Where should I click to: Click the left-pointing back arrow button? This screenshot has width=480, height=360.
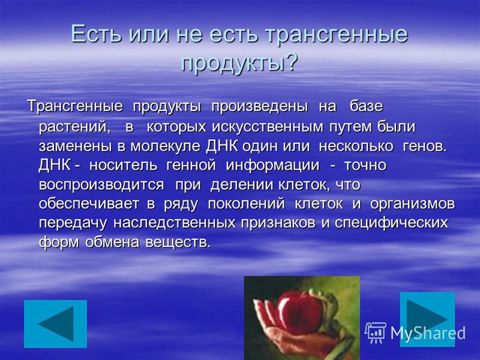(55, 324)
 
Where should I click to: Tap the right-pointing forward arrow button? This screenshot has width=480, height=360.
(427, 320)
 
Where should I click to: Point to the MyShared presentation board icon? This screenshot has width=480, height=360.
(375, 333)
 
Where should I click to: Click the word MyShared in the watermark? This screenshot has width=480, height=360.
(428, 332)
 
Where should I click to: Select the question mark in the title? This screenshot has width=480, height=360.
(291, 62)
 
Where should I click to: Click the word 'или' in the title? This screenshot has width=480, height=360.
(148, 34)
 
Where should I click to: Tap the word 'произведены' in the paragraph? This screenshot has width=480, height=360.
(260, 106)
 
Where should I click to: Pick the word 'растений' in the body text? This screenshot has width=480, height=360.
(73, 127)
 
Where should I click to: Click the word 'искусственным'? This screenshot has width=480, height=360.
(268, 127)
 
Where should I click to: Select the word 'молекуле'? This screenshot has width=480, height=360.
(166, 146)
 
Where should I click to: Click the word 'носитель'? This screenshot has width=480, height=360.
(124, 166)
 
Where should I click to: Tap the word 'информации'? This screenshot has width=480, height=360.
(272, 166)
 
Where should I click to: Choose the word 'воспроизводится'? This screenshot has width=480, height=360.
(101, 185)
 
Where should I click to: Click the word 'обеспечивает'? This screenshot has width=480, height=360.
(89, 204)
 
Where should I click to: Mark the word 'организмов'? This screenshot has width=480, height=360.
(412, 205)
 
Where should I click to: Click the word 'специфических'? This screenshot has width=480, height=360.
(391, 223)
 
